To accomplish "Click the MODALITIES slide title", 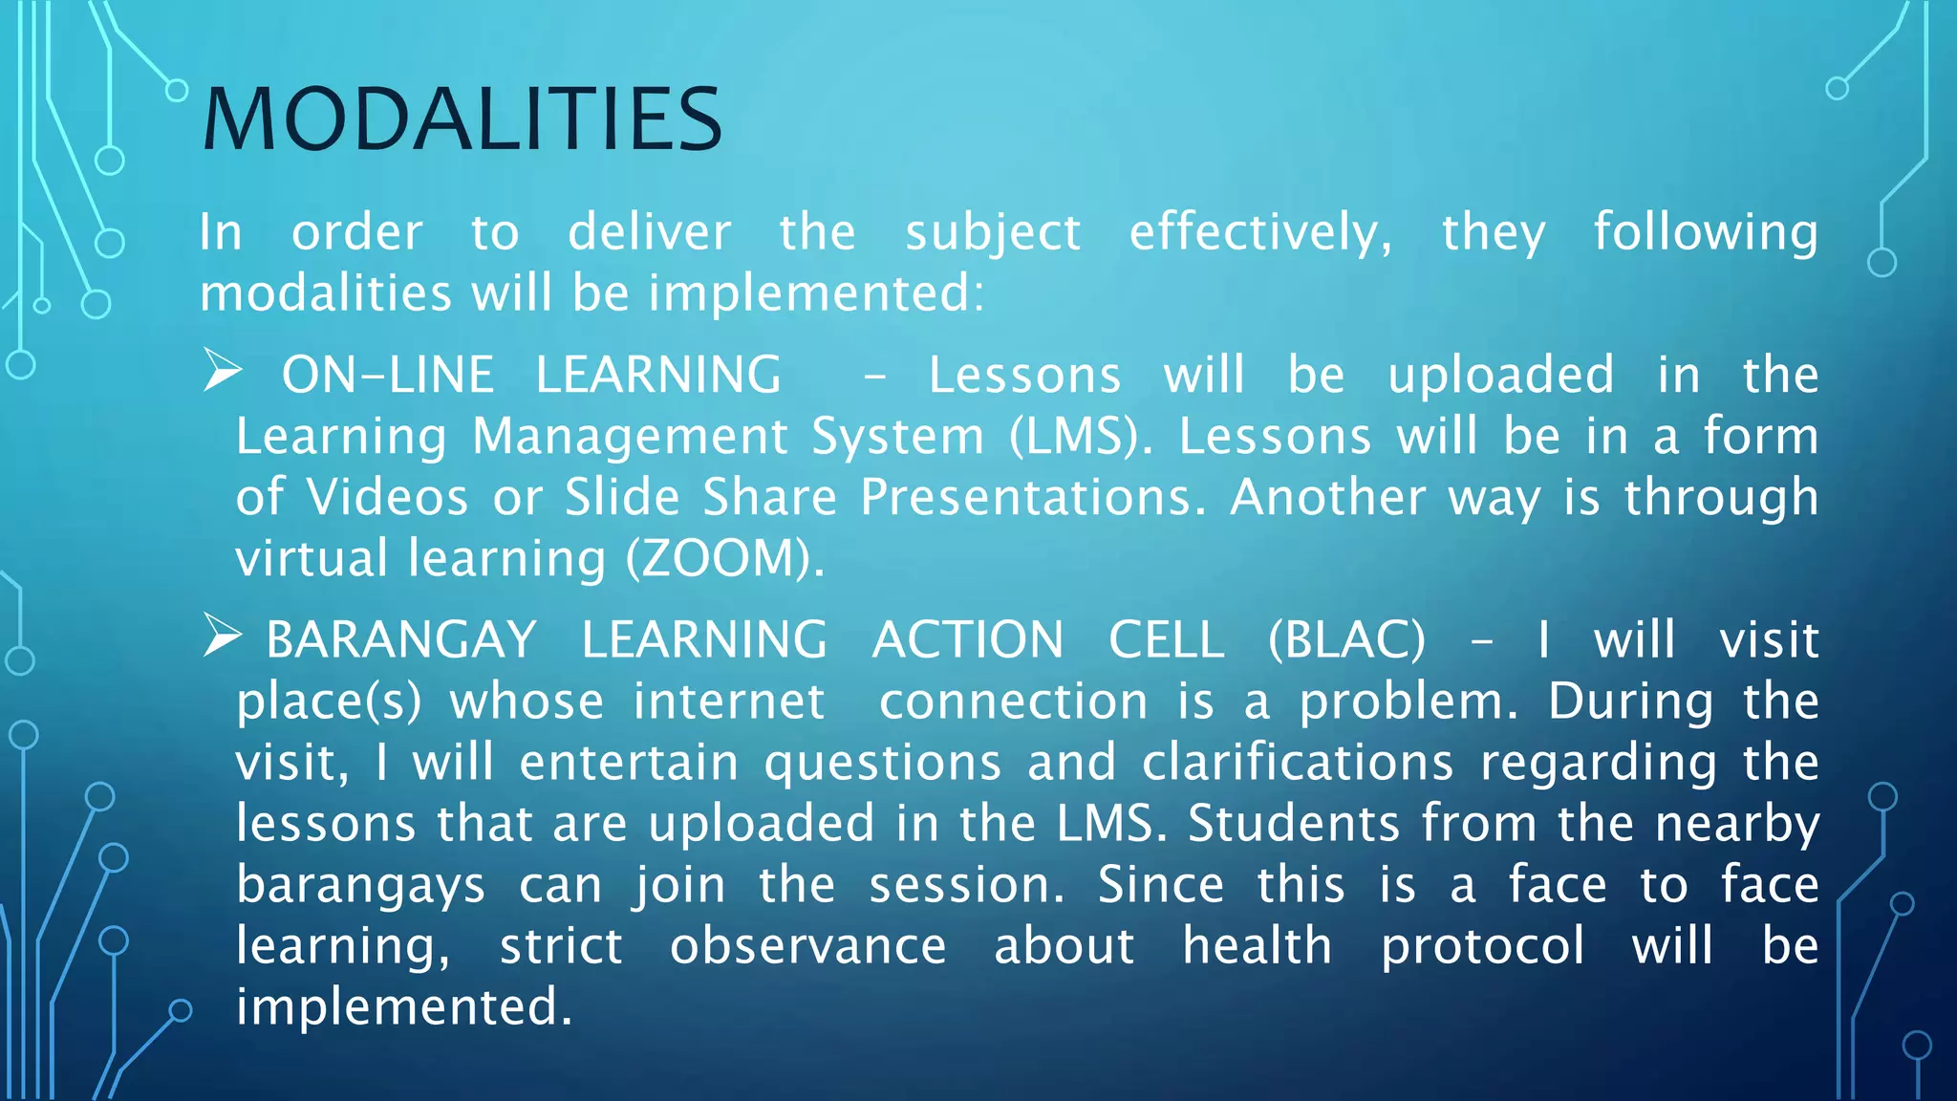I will click(x=462, y=119).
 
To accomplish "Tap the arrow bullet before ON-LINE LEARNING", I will click(x=223, y=372).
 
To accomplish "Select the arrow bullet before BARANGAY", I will click(x=223, y=637).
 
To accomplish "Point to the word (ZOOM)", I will click(x=725, y=559).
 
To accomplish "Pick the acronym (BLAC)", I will click(x=1346, y=639).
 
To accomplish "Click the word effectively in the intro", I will click(x=1260, y=233).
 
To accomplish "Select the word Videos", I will click(x=387, y=498).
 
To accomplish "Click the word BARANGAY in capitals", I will click(x=401, y=639).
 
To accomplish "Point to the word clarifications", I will click(x=1298, y=763).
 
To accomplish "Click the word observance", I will click(x=807, y=946).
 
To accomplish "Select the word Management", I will click(x=631, y=437).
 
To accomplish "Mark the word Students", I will click(x=1293, y=824).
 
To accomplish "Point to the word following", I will click(x=1706, y=233).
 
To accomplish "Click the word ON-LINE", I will click(x=387, y=375).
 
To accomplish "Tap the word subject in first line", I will click(x=993, y=233).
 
